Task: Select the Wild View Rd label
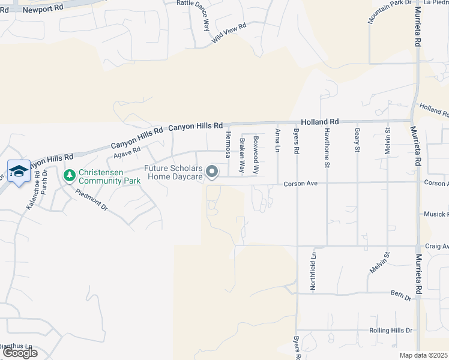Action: [229, 34]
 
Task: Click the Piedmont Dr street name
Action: [91, 200]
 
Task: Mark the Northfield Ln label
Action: [313, 272]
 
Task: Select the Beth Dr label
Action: [400, 296]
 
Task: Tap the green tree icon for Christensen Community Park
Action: [69, 175]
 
